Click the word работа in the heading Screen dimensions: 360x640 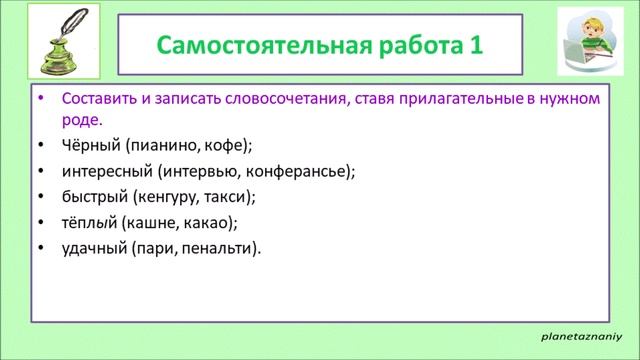coord(407,47)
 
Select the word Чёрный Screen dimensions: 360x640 coord(89,144)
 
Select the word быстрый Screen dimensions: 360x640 coord(92,196)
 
